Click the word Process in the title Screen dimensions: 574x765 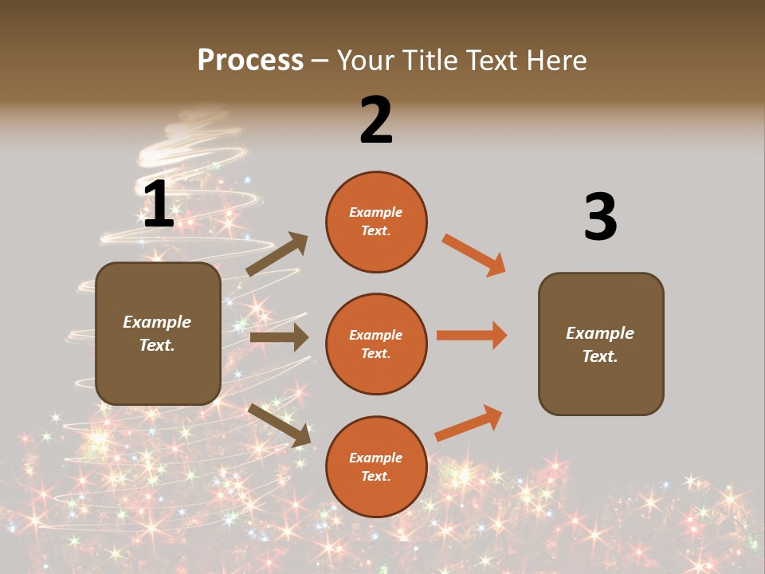(250, 60)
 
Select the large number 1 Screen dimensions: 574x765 (159, 205)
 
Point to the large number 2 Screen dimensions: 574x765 (376, 120)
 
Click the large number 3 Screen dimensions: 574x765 (600, 217)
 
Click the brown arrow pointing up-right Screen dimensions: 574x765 (277, 254)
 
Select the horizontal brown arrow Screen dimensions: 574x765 (278, 337)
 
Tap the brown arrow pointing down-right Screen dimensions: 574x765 (279, 425)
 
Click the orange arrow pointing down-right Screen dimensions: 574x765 (474, 255)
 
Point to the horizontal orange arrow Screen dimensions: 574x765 (472, 335)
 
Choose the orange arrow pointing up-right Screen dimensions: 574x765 (469, 423)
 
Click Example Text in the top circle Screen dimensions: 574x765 (376, 222)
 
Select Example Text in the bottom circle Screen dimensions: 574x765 (376, 467)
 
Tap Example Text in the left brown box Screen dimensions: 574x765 (157, 333)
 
